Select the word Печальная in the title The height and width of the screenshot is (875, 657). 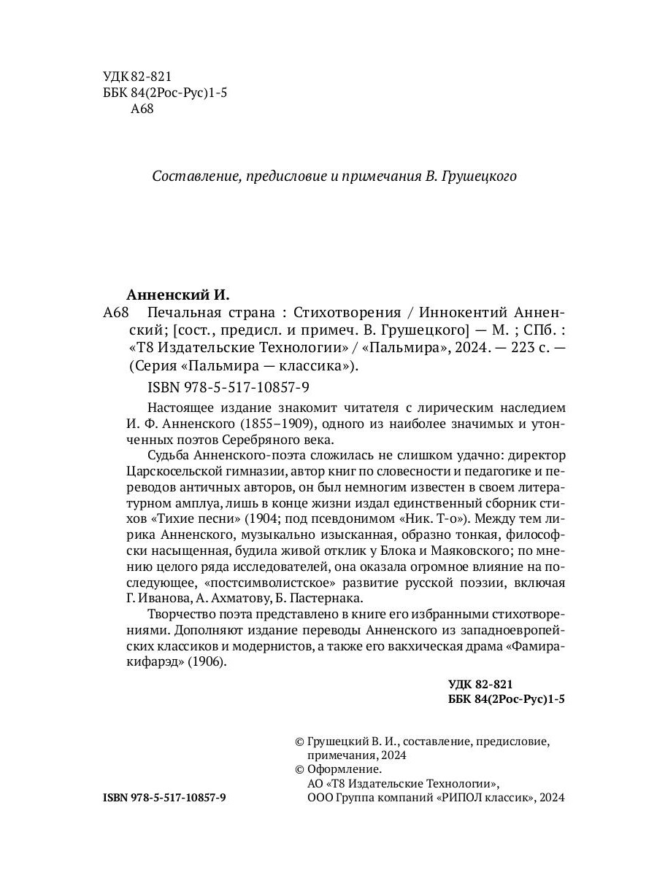click(181, 313)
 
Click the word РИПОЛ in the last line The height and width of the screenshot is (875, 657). click(464, 798)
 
